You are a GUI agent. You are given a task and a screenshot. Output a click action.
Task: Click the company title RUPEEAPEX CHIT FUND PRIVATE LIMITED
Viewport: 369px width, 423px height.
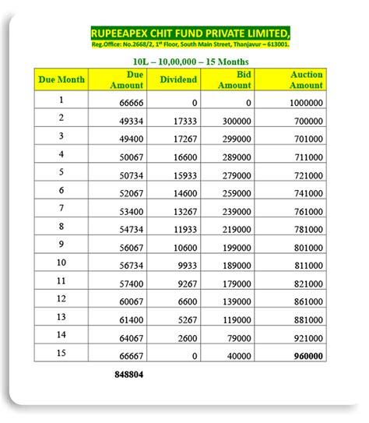(191, 33)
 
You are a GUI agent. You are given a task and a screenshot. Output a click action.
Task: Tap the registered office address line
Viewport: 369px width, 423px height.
(191, 44)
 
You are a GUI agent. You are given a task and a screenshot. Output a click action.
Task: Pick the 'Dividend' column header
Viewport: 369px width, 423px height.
(178, 79)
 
